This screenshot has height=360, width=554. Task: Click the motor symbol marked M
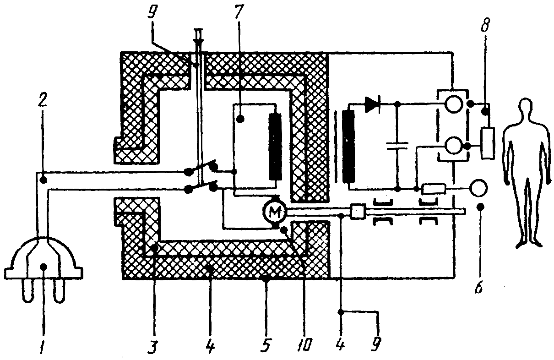click(274, 211)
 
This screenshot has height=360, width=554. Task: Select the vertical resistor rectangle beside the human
click(488, 143)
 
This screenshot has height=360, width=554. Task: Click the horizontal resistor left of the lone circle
click(433, 188)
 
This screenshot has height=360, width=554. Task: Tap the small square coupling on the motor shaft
click(357, 211)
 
